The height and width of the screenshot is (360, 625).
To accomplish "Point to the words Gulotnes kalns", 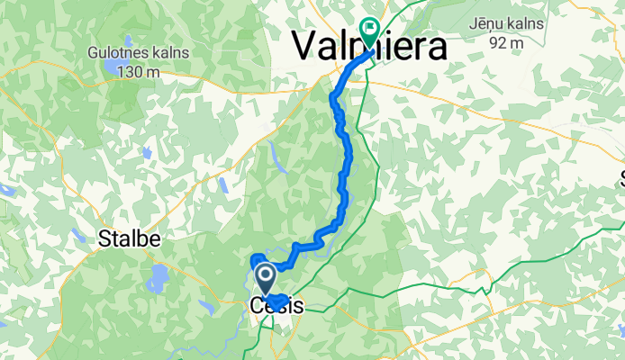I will pyautogui.click(x=139, y=53).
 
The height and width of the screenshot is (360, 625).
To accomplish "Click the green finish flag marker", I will pyautogui.click(x=369, y=31).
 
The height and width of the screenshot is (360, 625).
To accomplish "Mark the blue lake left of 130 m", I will pyautogui.click(x=108, y=67).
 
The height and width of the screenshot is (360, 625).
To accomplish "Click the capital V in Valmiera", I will pyautogui.click(x=307, y=44).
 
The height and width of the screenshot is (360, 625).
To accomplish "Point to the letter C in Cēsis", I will pyautogui.click(x=256, y=307).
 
